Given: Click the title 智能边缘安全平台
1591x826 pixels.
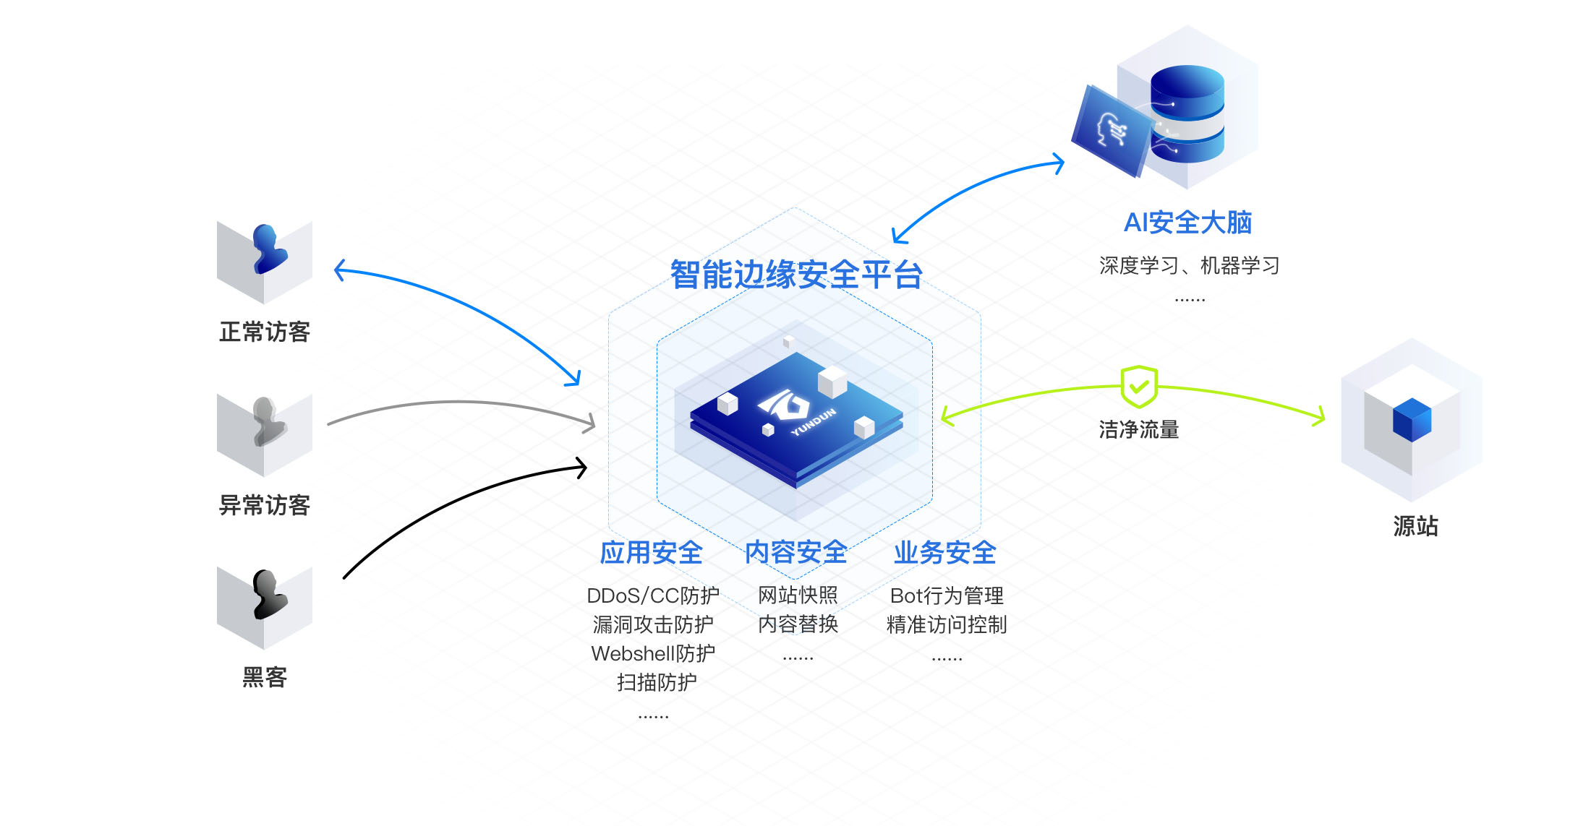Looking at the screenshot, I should (x=795, y=275).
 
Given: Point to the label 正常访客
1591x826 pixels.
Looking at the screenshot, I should (x=265, y=332).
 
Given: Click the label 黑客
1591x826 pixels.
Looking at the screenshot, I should (x=265, y=677).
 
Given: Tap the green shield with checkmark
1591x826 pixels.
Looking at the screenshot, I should (x=1138, y=386).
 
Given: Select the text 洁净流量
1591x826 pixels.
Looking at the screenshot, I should (x=1138, y=430).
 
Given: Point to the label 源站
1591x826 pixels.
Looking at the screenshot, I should (x=1415, y=525).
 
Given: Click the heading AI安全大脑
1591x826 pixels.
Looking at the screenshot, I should (x=1187, y=223).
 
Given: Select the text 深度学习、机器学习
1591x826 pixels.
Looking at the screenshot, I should (x=1189, y=265).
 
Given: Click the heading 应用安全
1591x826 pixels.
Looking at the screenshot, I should (x=651, y=553).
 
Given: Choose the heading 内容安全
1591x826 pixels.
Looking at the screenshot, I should (x=795, y=553).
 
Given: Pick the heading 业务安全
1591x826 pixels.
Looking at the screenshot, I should (x=944, y=553).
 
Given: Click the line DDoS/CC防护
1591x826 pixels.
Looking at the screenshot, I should (x=652, y=595).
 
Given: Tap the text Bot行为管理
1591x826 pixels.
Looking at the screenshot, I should (x=946, y=595).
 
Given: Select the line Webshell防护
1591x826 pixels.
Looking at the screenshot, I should (x=652, y=653).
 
